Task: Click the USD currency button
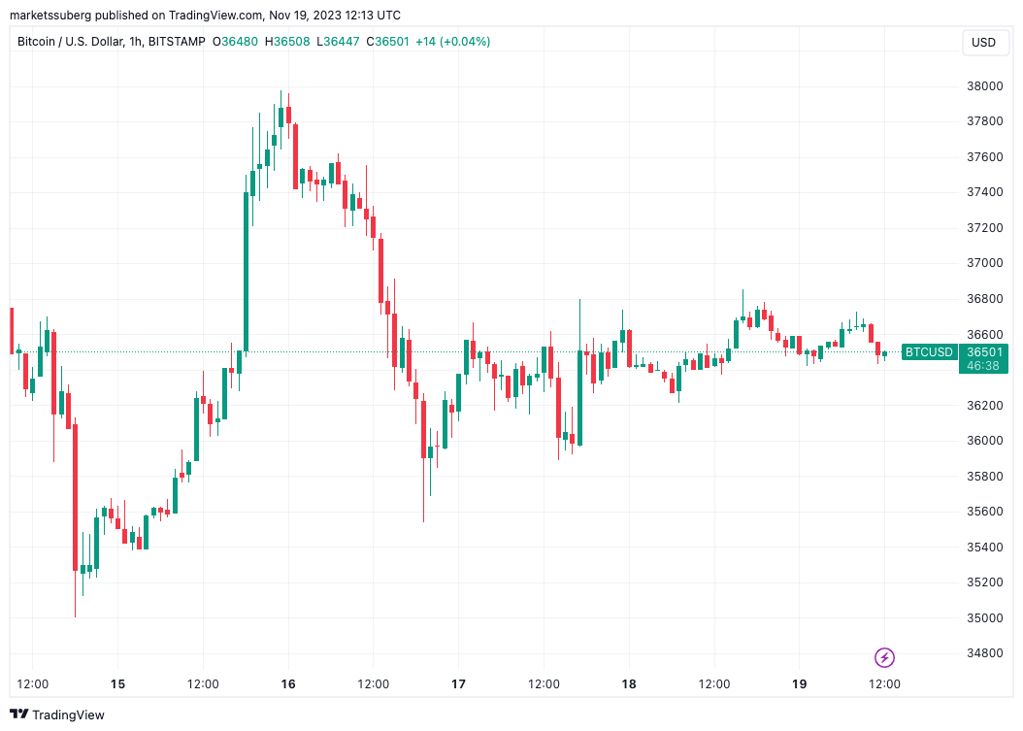(983, 43)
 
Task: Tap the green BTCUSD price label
(929, 351)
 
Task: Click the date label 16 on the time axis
(288, 684)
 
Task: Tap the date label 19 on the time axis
(799, 684)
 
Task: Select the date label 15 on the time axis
(117, 684)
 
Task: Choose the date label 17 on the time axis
(458, 684)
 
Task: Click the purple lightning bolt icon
(884, 658)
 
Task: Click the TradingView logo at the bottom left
(57, 714)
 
